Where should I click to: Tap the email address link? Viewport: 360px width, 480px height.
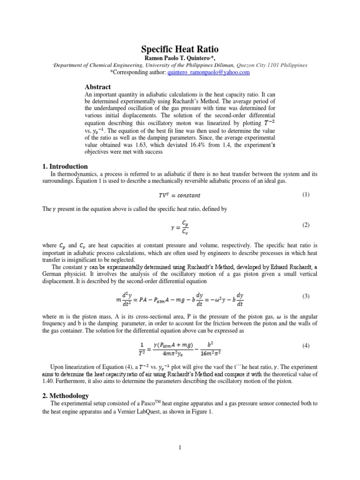coord(209,73)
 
